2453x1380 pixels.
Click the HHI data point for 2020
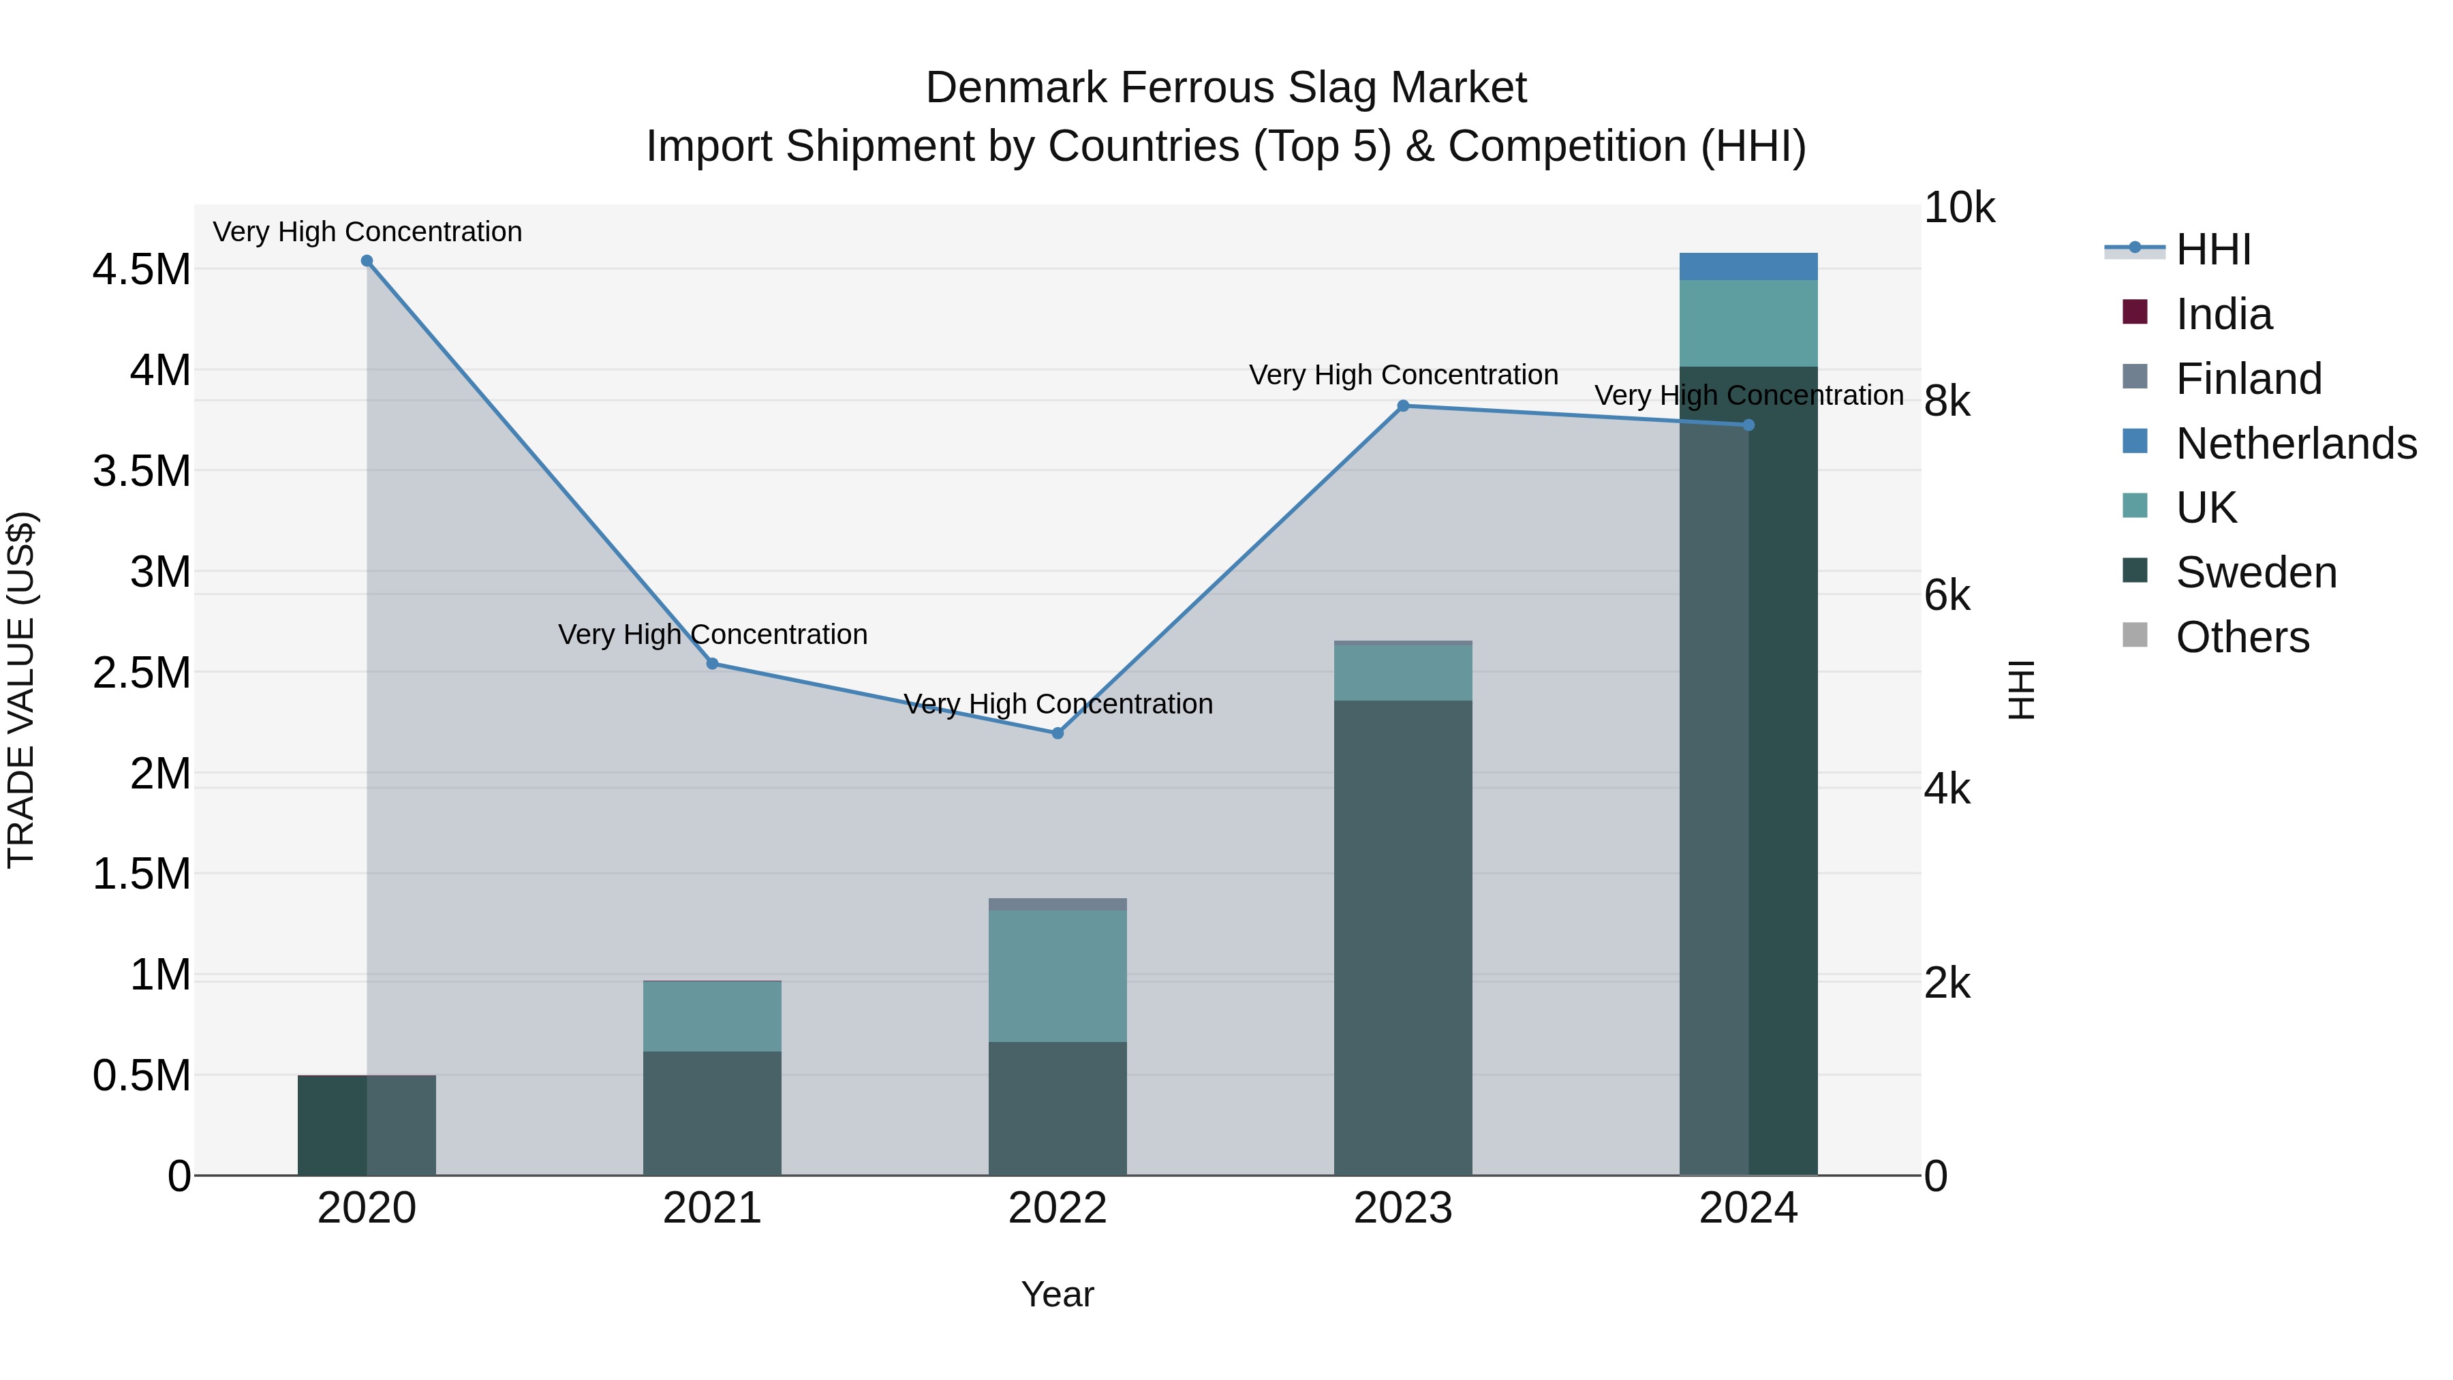[367, 261]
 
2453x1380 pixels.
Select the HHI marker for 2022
[1057, 733]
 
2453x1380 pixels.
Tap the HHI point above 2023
[1403, 405]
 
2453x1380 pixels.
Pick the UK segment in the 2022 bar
[1057, 975]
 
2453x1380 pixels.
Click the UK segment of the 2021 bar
[711, 1016]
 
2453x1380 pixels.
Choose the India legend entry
[2223, 314]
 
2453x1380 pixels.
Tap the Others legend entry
[2242, 637]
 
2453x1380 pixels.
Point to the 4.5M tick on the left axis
[142, 269]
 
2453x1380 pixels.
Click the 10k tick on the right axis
[1958, 208]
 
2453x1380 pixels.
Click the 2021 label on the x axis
[711, 1208]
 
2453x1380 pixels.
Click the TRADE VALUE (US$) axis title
[21, 690]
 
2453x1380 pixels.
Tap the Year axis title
[1057, 1294]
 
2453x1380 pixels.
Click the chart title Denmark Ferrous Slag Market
[1226, 88]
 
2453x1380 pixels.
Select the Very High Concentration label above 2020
[367, 232]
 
